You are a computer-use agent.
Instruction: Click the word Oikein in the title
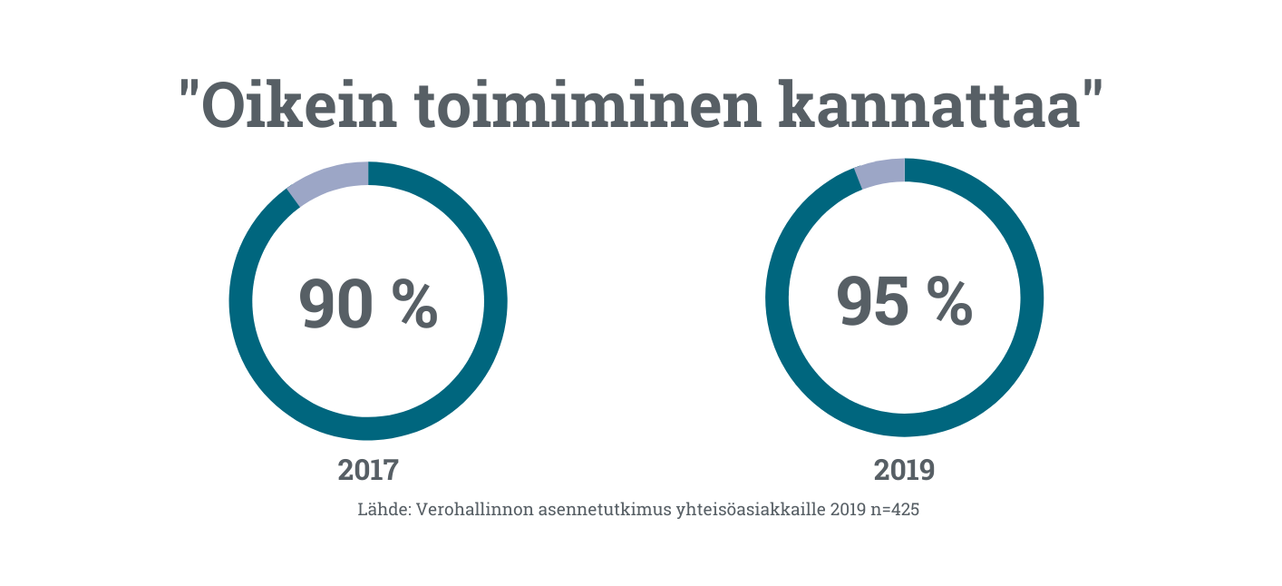point(299,106)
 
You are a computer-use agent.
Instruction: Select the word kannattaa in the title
point(929,106)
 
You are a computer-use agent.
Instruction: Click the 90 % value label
point(368,304)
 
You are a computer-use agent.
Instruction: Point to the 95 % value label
point(904,301)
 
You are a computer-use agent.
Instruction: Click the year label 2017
point(368,470)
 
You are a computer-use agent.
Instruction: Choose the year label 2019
point(904,470)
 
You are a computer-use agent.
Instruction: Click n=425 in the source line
point(894,510)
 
